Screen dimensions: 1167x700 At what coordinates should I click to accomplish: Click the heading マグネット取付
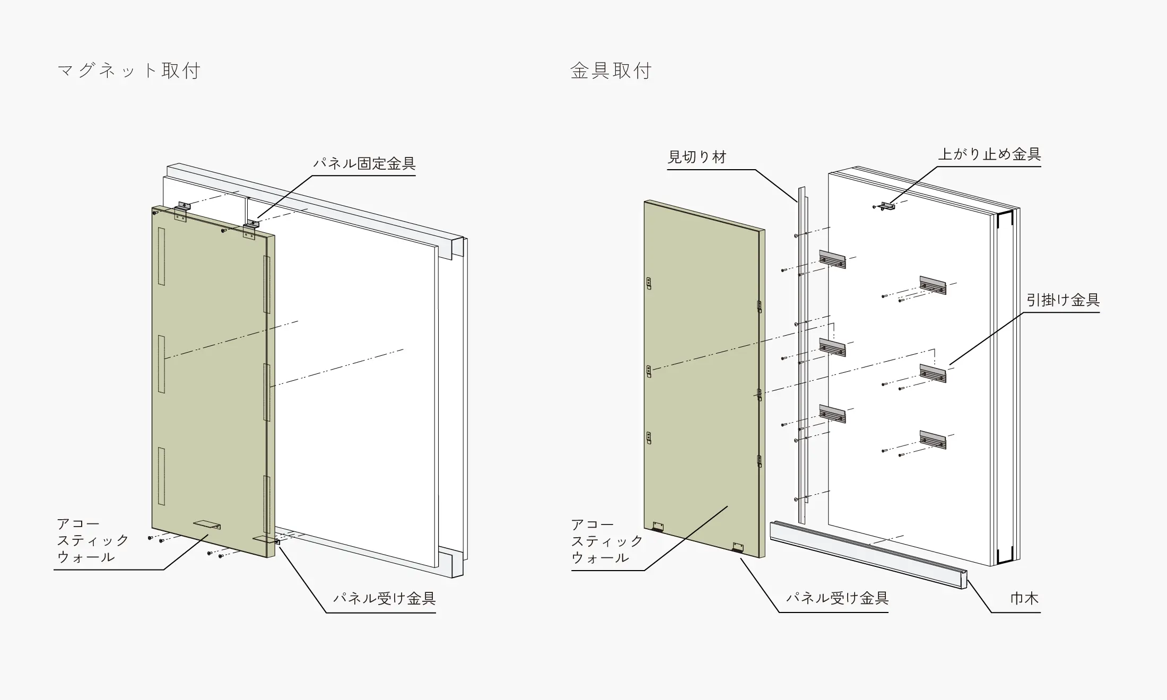point(129,71)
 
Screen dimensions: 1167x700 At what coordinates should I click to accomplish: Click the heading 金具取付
point(611,71)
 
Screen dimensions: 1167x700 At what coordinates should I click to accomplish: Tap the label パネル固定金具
point(364,163)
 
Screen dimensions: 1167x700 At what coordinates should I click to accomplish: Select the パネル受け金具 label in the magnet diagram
point(385,599)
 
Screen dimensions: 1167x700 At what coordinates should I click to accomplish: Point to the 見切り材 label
point(697,157)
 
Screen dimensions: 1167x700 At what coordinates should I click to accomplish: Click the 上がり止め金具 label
point(990,154)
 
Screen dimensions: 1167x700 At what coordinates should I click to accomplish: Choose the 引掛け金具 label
point(1063,300)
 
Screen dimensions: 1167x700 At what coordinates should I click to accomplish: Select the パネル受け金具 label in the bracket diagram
point(837,598)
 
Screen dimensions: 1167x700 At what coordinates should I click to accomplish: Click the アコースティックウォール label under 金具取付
point(607,541)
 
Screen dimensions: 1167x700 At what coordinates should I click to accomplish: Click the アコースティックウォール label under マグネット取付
point(93,540)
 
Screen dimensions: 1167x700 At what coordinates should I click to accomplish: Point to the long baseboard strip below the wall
point(868,555)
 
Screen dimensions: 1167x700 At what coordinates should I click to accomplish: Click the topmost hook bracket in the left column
point(832,259)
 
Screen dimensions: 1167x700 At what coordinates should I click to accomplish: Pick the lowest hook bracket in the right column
point(933,440)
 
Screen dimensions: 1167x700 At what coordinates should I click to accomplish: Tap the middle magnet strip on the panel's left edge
point(161,364)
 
